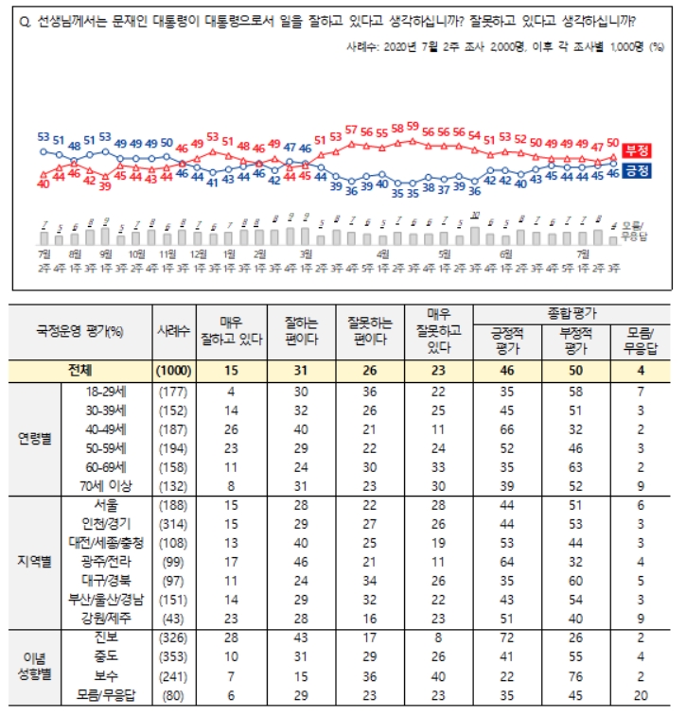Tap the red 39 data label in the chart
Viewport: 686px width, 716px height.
tap(104, 186)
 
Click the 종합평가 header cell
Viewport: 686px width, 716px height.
tap(571, 311)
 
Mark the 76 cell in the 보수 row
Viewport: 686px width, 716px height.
tap(571, 676)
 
